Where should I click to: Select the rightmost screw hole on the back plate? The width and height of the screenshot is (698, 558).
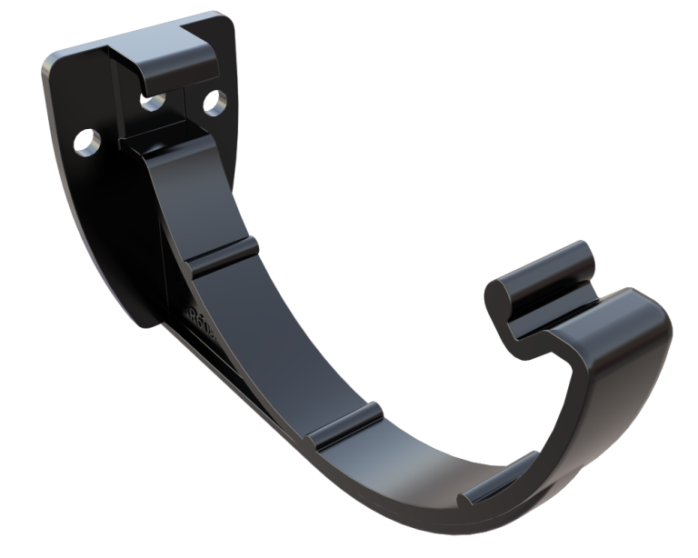coord(216,100)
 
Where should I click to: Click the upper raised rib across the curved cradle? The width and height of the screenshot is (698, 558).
coord(219,254)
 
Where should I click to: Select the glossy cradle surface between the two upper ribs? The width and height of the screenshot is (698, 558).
coord(273,345)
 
